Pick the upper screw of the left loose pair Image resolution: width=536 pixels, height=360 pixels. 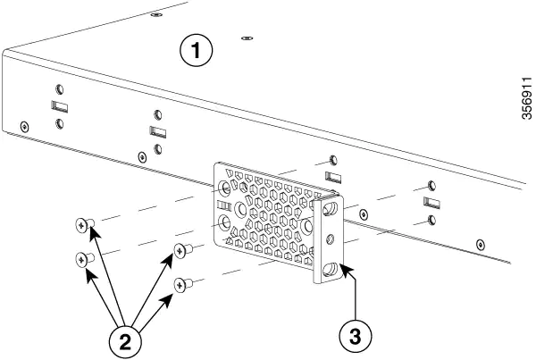pyautogui.click(x=83, y=227)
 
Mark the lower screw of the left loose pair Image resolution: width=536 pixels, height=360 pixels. pyautogui.click(x=83, y=260)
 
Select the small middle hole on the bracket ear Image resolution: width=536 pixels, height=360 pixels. pyautogui.click(x=332, y=239)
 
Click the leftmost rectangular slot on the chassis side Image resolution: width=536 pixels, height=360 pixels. pyautogui.click(x=57, y=106)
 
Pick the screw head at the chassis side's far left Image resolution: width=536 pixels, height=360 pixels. pyautogui.click(x=24, y=125)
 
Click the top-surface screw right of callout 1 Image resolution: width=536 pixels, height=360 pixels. pyautogui.click(x=247, y=38)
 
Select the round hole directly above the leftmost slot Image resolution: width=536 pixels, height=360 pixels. pyautogui.click(x=58, y=89)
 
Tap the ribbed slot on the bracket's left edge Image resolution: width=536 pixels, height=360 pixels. pyautogui.click(x=224, y=215)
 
